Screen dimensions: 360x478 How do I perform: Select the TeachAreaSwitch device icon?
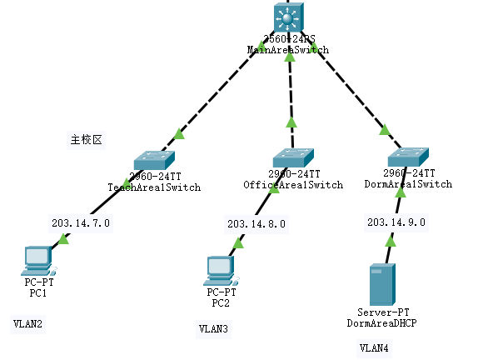click(154, 159)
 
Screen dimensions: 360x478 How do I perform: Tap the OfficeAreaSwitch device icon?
click(292, 157)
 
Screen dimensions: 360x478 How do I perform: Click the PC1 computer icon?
click(38, 261)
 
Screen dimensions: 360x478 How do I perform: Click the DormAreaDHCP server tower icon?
click(382, 284)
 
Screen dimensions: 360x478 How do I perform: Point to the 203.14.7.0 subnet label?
click(81, 222)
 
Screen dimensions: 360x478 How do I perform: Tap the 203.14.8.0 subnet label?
click(256, 223)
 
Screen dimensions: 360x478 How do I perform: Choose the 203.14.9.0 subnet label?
click(396, 223)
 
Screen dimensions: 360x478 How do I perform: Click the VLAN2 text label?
click(27, 322)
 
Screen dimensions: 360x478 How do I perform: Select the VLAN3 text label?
click(213, 330)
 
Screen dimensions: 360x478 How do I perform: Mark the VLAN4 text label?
click(374, 347)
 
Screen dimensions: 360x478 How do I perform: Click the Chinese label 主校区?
click(86, 139)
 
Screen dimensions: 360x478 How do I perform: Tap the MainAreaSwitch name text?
click(287, 50)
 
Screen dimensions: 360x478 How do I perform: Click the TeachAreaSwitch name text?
click(154, 187)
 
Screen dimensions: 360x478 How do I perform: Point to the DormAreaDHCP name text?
click(381, 321)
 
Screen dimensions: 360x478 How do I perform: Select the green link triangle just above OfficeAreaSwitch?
click(291, 122)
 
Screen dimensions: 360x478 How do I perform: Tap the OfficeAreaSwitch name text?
click(292, 184)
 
